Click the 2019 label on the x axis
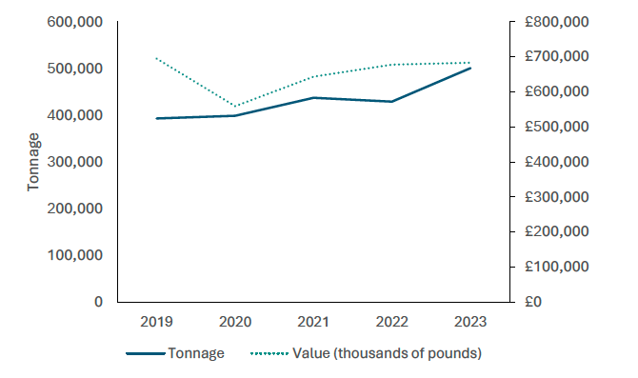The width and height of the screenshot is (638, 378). (157, 321)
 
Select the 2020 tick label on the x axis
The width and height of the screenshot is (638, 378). (235, 321)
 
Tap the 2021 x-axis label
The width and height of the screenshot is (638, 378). (313, 321)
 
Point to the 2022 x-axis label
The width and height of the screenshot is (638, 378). (391, 321)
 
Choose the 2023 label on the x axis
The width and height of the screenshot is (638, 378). (469, 321)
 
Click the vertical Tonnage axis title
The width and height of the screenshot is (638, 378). (34, 162)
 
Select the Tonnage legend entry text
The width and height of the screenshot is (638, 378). (196, 353)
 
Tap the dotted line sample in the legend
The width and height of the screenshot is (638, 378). (270, 353)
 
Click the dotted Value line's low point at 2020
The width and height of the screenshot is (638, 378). (235, 106)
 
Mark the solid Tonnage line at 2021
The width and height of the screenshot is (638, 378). (313, 98)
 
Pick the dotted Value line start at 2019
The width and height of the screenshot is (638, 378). (157, 59)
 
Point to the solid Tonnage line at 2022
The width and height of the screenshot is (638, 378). (391, 101)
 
